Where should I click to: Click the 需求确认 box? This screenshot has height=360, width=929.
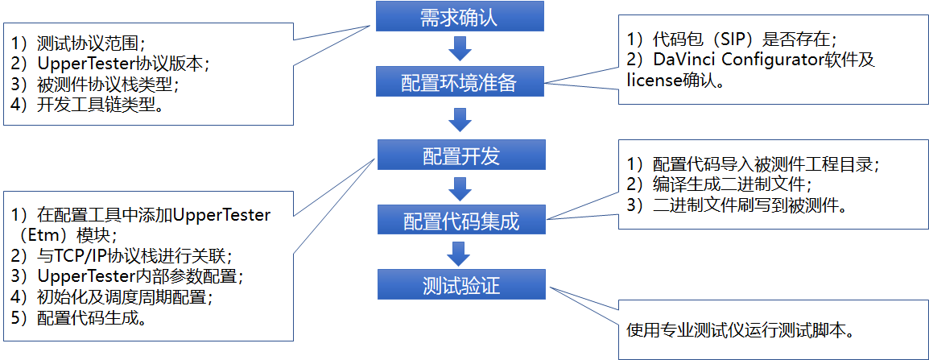point(460,16)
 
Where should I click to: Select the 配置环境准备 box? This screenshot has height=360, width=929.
point(460,83)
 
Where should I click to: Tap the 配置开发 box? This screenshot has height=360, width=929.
point(460,155)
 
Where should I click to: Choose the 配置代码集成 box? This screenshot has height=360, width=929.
point(460,220)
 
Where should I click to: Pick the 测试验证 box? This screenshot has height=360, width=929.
point(460,285)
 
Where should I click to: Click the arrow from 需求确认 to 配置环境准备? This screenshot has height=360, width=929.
point(460,49)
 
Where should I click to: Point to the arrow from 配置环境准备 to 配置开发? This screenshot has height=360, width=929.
point(460,118)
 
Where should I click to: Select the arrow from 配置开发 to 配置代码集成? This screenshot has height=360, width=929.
point(460,188)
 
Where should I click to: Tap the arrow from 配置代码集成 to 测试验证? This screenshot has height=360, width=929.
point(460,253)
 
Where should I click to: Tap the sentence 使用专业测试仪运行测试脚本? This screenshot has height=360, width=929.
point(739,330)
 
